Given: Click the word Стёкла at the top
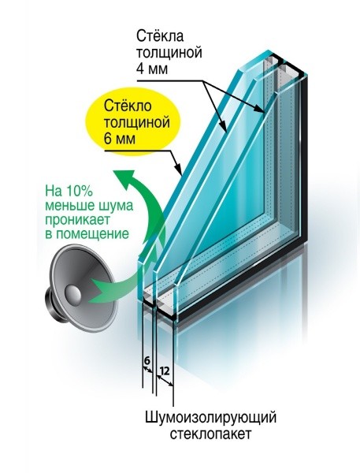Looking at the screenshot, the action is click(x=160, y=36).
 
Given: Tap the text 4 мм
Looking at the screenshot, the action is click(x=152, y=69).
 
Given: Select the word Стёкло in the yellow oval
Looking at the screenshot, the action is click(x=128, y=106).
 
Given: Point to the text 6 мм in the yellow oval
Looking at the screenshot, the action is click(x=119, y=139).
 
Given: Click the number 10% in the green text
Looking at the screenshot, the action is click(x=77, y=191).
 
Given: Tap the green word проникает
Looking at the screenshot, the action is click(x=78, y=220).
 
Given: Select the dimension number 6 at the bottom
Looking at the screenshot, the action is click(x=147, y=360).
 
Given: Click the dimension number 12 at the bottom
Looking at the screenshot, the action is click(x=164, y=371).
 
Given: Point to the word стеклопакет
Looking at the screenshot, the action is click(x=210, y=434).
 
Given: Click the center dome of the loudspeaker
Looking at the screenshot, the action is click(x=72, y=293).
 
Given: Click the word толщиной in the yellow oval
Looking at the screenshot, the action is click(x=136, y=123).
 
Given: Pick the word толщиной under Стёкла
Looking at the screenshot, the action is click(x=169, y=54).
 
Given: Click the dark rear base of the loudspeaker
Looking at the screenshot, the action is click(x=54, y=305).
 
